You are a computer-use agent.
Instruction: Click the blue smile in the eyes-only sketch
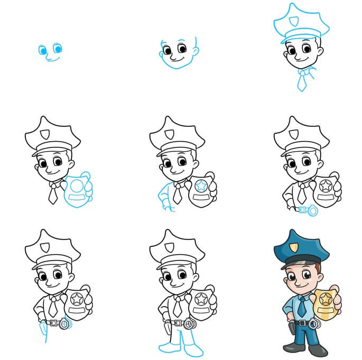tap(51, 59)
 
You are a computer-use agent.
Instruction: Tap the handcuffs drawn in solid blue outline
tap(309, 210)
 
